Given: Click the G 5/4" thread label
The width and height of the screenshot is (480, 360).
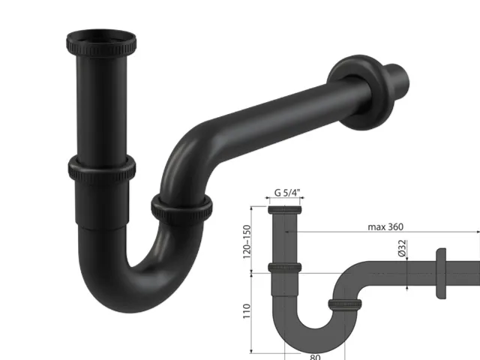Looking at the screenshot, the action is point(286,193).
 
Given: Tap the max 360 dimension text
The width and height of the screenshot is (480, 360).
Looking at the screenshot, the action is point(385,226).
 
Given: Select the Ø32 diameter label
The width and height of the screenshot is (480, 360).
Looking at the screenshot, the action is point(402,248).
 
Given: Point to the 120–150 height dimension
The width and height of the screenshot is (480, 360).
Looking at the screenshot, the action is point(247,241).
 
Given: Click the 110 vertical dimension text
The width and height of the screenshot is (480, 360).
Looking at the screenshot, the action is point(247,311).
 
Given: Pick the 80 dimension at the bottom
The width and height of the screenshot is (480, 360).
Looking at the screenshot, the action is point(315,357).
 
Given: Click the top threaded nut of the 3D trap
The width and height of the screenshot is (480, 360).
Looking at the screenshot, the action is point(101,43).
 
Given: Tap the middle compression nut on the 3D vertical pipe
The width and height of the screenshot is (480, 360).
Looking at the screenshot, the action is point(102,169).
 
